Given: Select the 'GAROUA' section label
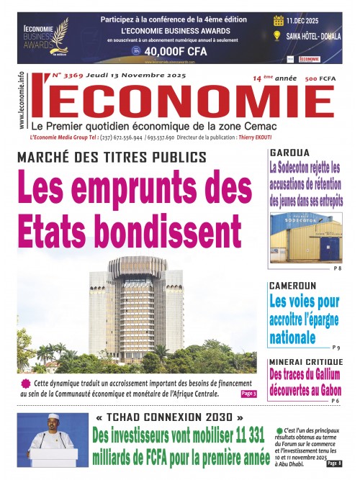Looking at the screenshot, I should pyautogui.click(x=288, y=153).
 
